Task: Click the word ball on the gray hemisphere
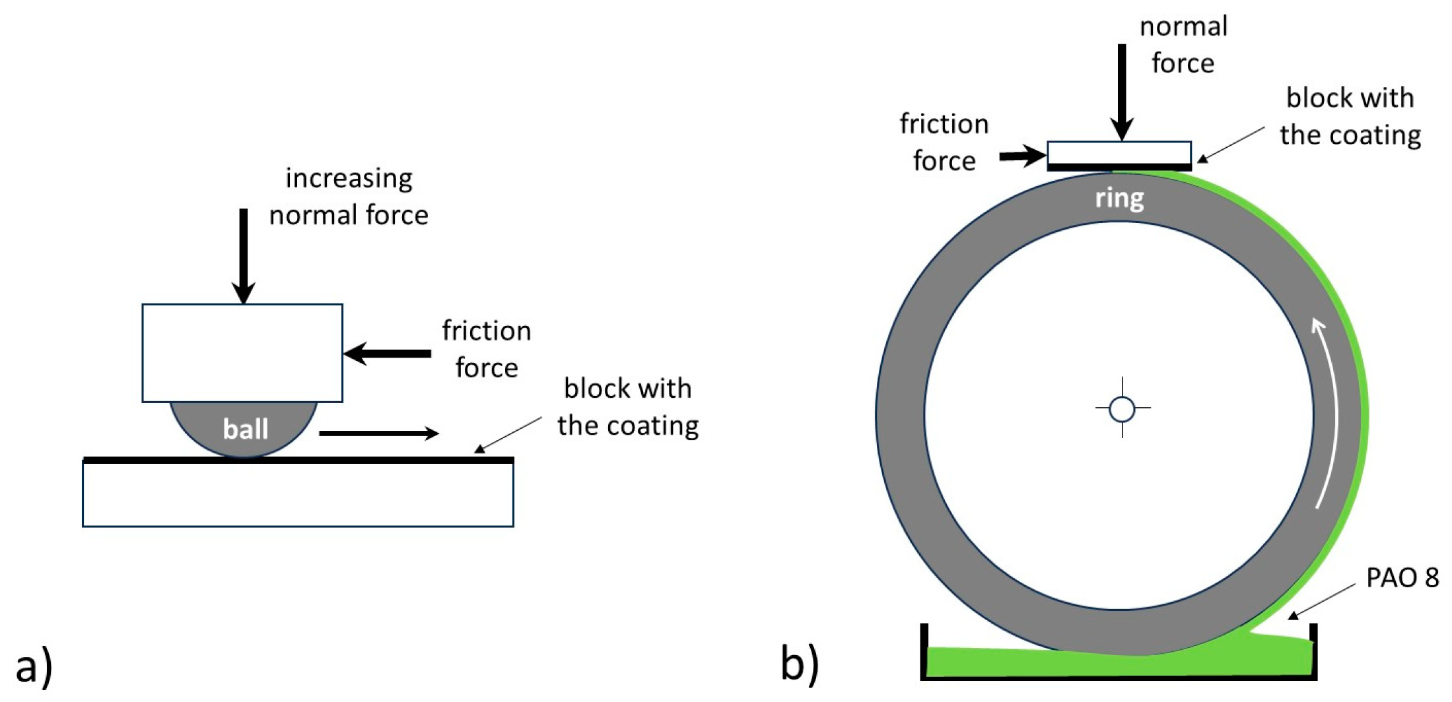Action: point(245,430)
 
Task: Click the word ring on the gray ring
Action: point(1119,198)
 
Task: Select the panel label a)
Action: point(34,666)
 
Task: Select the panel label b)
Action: point(799,662)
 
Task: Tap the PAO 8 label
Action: point(1402,577)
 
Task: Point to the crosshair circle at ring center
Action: point(1122,408)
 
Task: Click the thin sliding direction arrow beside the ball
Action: point(378,433)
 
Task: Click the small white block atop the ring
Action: point(1119,152)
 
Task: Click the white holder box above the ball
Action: point(242,353)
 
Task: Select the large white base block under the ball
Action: point(298,495)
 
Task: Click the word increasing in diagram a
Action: point(349,178)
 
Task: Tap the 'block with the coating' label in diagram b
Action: point(1350,116)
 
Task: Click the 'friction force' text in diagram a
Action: point(486,349)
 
